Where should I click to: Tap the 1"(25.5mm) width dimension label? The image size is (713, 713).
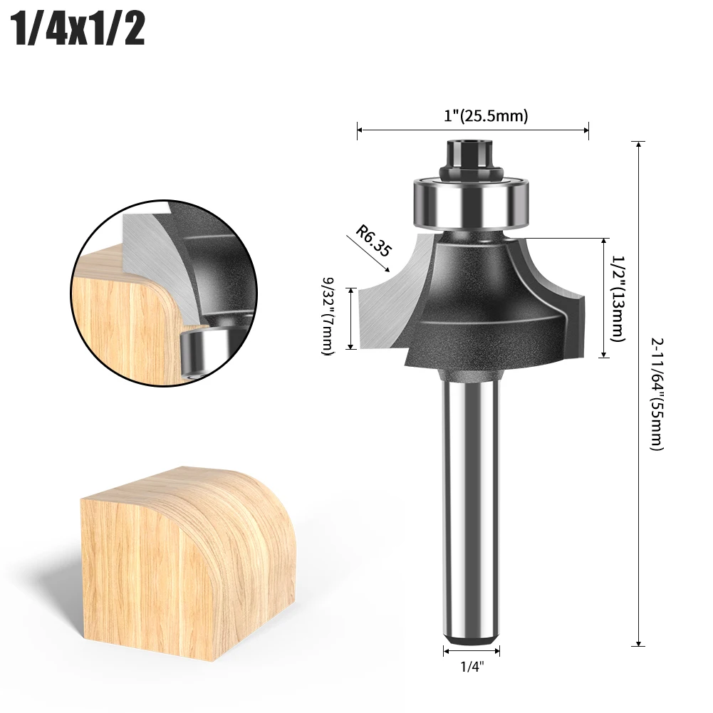click(x=486, y=116)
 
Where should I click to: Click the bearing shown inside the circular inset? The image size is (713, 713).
click(x=199, y=349)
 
